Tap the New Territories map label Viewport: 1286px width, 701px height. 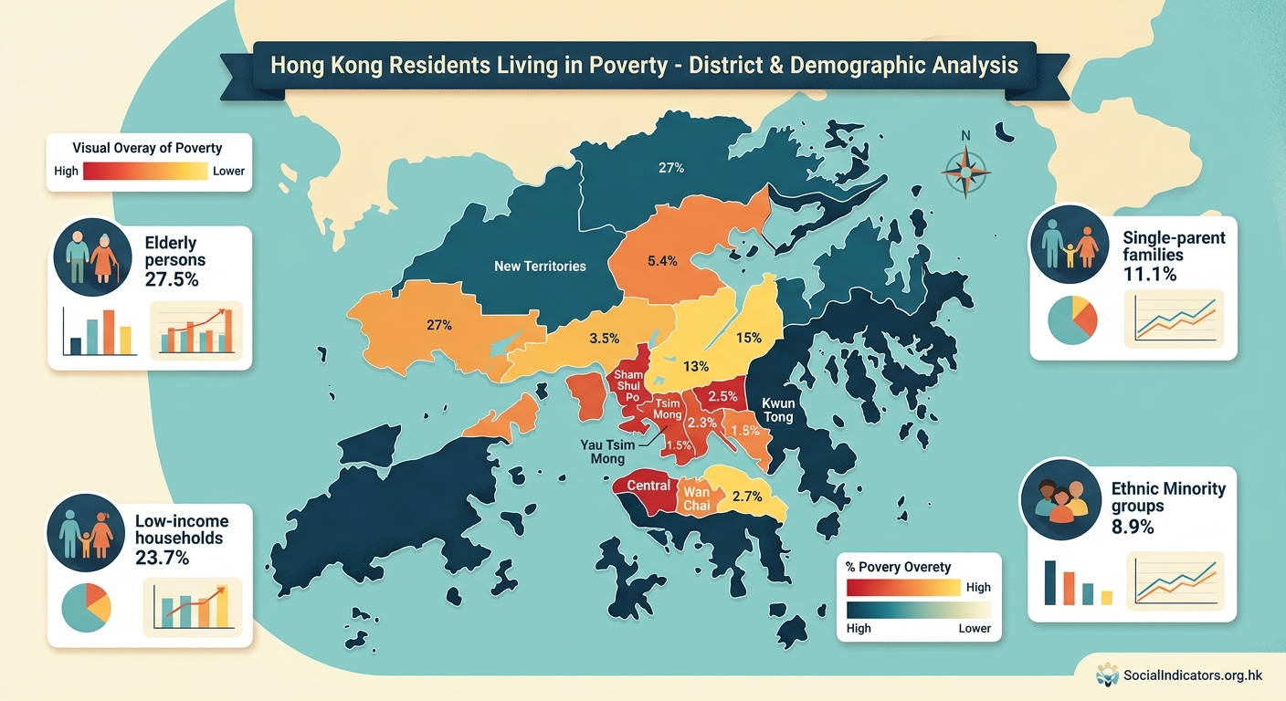(x=540, y=267)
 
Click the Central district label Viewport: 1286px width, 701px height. (x=648, y=486)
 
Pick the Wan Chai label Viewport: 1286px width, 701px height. (x=696, y=499)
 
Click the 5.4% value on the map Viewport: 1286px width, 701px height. (x=662, y=261)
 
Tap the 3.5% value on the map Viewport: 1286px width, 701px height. (x=605, y=338)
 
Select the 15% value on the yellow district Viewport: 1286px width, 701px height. (x=748, y=338)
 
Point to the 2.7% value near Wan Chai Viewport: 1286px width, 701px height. (x=747, y=497)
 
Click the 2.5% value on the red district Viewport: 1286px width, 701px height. (x=722, y=396)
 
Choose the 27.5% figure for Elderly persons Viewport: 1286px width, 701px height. (x=172, y=280)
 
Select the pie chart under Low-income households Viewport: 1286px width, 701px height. (x=86, y=607)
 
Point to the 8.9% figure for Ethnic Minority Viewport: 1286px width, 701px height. (x=1133, y=527)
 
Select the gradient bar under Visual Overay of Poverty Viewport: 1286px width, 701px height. (x=145, y=171)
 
